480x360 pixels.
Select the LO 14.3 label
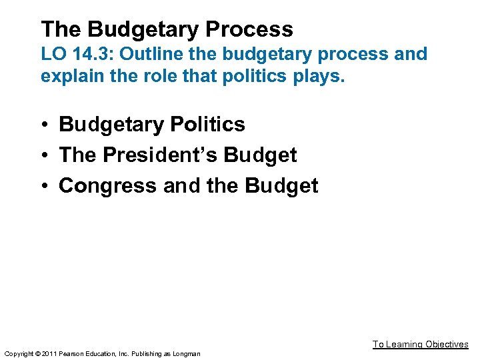(x=77, y=54)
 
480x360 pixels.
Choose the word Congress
(x=108, y=186)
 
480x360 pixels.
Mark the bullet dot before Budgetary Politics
(x=45, y=125)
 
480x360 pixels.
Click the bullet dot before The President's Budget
(x=45, y=155)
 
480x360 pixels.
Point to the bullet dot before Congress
(x=45, y=186)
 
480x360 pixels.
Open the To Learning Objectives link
(x=420, y=344)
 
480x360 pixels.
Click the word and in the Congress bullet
(x=181, y=186)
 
